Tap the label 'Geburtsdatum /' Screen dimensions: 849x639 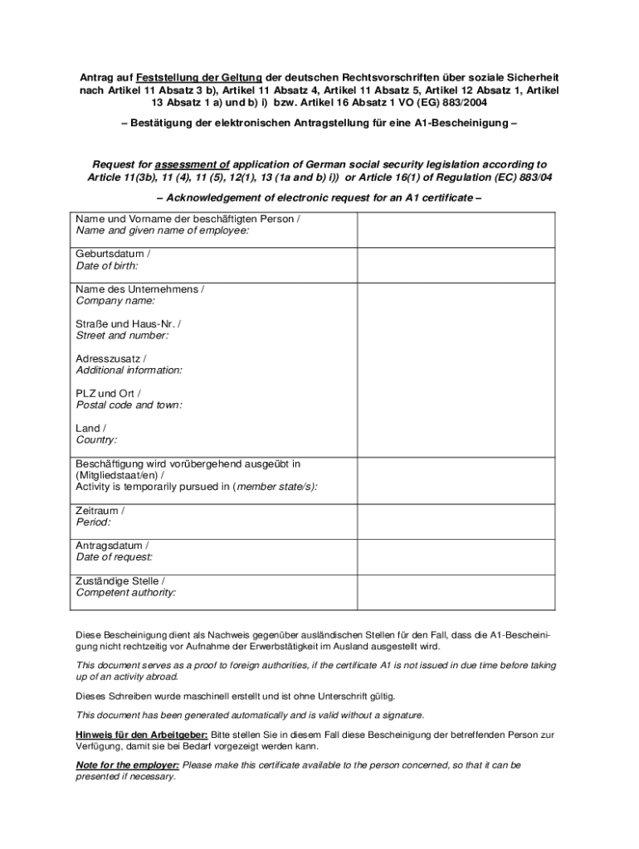click(x=113, y=254)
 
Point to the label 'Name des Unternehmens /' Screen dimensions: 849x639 click(x=139, y=289)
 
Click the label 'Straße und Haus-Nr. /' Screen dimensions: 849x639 click(x=129, y=323)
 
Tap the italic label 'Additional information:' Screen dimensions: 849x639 click(x=129, y=370)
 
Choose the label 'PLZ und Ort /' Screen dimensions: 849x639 click(x=108, y=393)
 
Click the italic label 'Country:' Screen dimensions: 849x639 click(x=96, y=439)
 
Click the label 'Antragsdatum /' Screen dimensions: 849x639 click(x=112, y=546)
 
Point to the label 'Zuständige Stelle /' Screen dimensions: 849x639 click(x=120, y=580)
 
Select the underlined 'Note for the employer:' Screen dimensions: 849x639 click(x=128, y=765)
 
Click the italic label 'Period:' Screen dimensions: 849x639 click(x=93, y=522)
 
